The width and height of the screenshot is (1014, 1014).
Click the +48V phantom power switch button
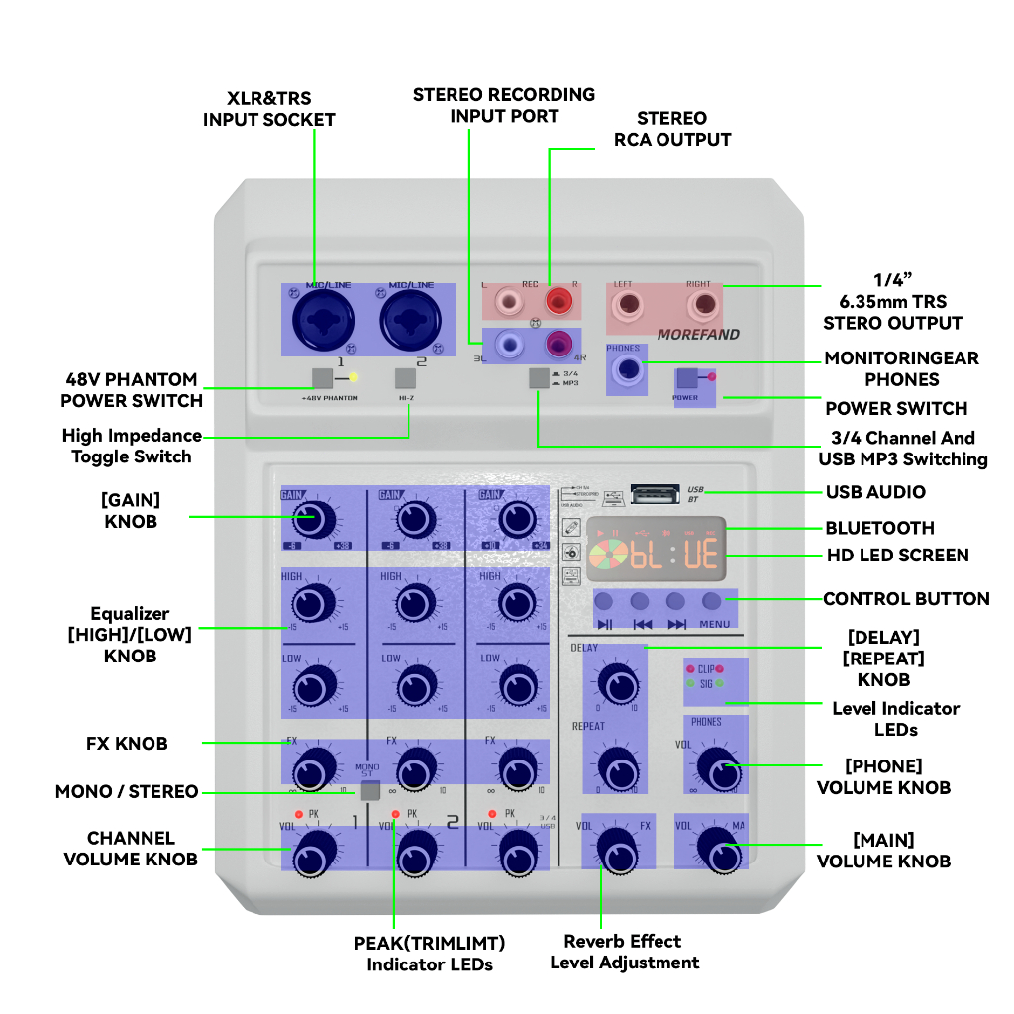pyautogui.click(x=321, y=377)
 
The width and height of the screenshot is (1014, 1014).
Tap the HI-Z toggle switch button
pyautogui.click(x=404, y=377)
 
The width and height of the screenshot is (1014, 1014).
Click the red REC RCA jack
pyautogui.click(x=557, y=298)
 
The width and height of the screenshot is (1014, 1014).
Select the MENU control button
pyautogui.click(x=712, y=601)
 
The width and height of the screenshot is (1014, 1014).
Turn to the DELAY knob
pyautogui.click(x=617, y=683)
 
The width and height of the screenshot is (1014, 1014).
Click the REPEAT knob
pyautogui.click(x=617, y=763)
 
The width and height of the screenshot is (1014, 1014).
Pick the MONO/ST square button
pyautogui.click(x=370, y=790)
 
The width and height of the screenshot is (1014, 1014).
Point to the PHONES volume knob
pyautogui.click(x=715, y=766)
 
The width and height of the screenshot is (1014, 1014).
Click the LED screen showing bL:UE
pyautogui.click(x=655, y=549)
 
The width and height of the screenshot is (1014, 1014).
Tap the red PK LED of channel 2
pyautogui.click(x=395, y=814)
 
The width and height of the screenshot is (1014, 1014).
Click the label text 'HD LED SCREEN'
pyautogui.click(x=897, y=556)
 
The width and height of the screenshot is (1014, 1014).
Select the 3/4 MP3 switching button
pyautogui.click(x=538, y=376)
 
